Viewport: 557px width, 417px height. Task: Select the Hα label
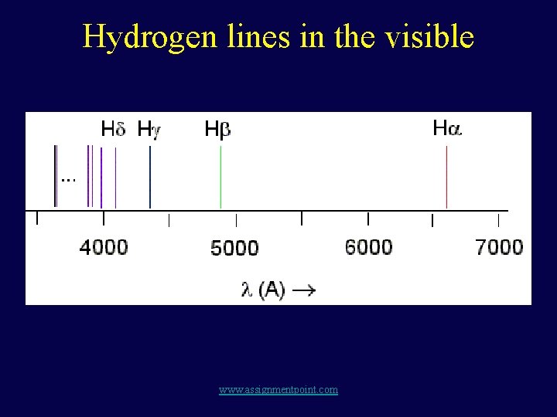coord(446,127)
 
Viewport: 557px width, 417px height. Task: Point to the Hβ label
coord(217,129)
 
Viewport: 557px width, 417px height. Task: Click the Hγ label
coord(149,129)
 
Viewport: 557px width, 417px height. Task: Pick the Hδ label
coord(113,128)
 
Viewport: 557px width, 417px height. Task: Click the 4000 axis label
coord(104,247)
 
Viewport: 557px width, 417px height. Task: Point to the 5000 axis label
coord(234,248)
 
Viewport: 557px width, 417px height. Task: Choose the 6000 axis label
coord(368,247)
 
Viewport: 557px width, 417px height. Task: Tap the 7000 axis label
coord(499,247)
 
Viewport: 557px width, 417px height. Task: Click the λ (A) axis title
coord(263,290)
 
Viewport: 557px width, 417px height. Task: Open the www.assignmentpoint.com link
coord(278,390)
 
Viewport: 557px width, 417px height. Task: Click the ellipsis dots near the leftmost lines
coord(68,179)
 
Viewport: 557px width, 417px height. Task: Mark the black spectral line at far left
coord(55,176)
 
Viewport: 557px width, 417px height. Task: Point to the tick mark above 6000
coord(368,219)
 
